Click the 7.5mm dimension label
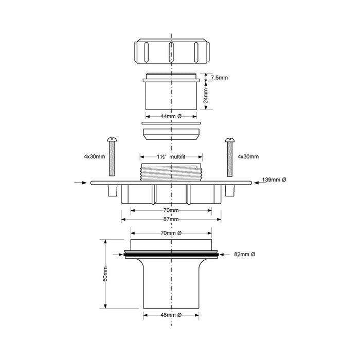[x=219, y=78]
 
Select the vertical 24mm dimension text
[x=206, y=96]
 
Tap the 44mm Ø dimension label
[x=171, y=116]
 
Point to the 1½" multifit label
[x=171, y=157]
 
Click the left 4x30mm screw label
[x=94, y=156]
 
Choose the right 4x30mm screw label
[x=248, y=156]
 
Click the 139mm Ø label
[x=274, y=179]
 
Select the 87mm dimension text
[x=171, y=219]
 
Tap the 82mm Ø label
[x=244, y=254]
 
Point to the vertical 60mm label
[x=105, y=274]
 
